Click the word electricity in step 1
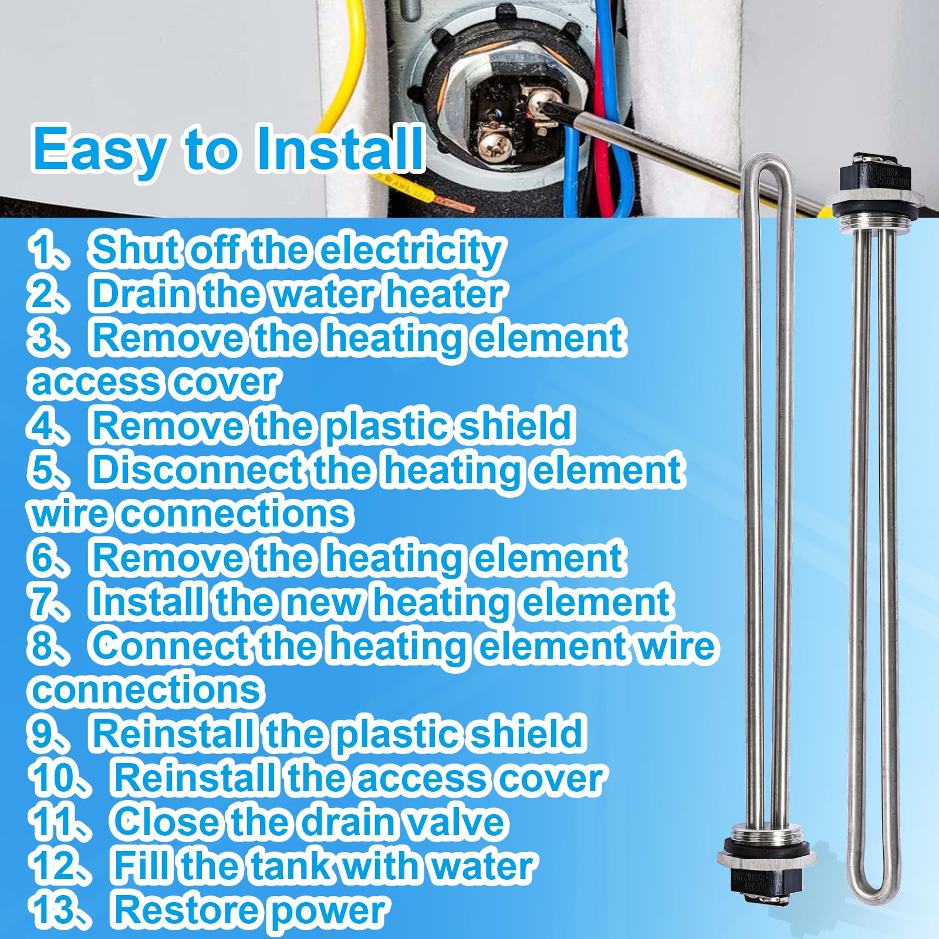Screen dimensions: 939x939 coord(410,250)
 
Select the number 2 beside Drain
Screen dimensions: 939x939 coord(45,294)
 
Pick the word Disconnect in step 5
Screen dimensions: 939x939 coord(196,470)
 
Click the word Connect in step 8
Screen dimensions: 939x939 coord(171,646)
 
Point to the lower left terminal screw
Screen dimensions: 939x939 coord(491,141)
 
